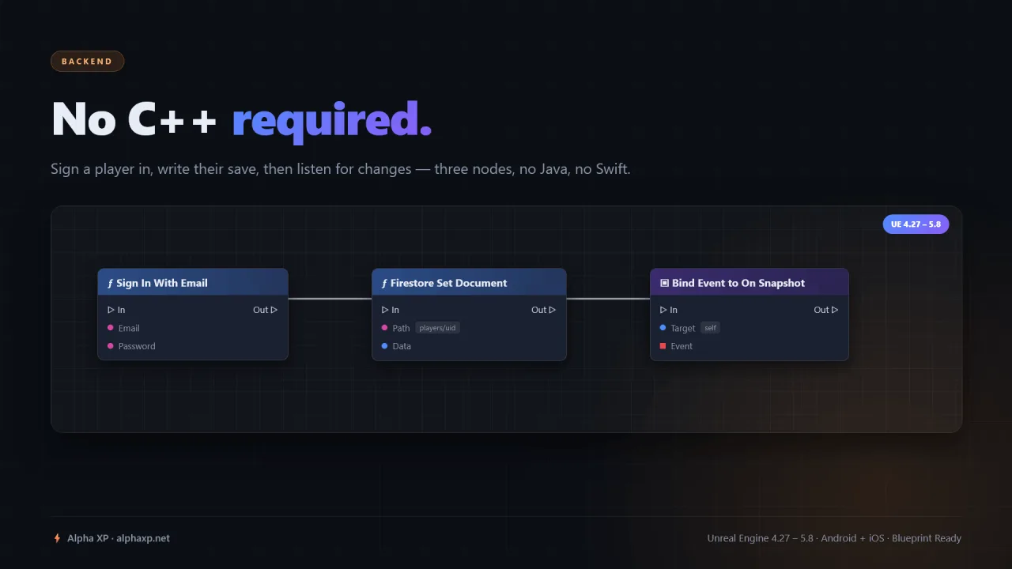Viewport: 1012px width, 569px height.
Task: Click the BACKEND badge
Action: coord(87,62)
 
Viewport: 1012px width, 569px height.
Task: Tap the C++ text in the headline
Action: coord(172,119)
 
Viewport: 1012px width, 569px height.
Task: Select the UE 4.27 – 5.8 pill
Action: coord(916,224)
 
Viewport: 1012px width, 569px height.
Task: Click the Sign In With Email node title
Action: coord(162,283)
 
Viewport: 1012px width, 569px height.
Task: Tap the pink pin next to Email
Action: coord(110,328)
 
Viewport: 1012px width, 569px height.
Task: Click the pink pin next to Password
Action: coord(110,346)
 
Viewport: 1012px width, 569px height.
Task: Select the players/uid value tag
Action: coord(437,328)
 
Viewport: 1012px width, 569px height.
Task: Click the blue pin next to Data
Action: coord(384,346)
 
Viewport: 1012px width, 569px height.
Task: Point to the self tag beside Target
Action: coord(710,328)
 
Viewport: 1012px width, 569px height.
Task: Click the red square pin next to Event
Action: coord(663,346)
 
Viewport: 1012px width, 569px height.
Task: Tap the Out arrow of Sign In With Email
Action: coord(274,310)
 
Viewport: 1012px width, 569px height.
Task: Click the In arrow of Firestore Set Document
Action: coord(385,310)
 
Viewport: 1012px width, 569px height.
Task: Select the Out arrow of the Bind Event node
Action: coord(834,310)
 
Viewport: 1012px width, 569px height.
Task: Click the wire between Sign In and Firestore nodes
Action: coord(330,299)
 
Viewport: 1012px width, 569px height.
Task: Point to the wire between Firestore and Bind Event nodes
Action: coord(608,299)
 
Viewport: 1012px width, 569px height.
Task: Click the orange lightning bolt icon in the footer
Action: coord(57,538)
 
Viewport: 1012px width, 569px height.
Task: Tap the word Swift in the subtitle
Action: coord(611,169)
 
